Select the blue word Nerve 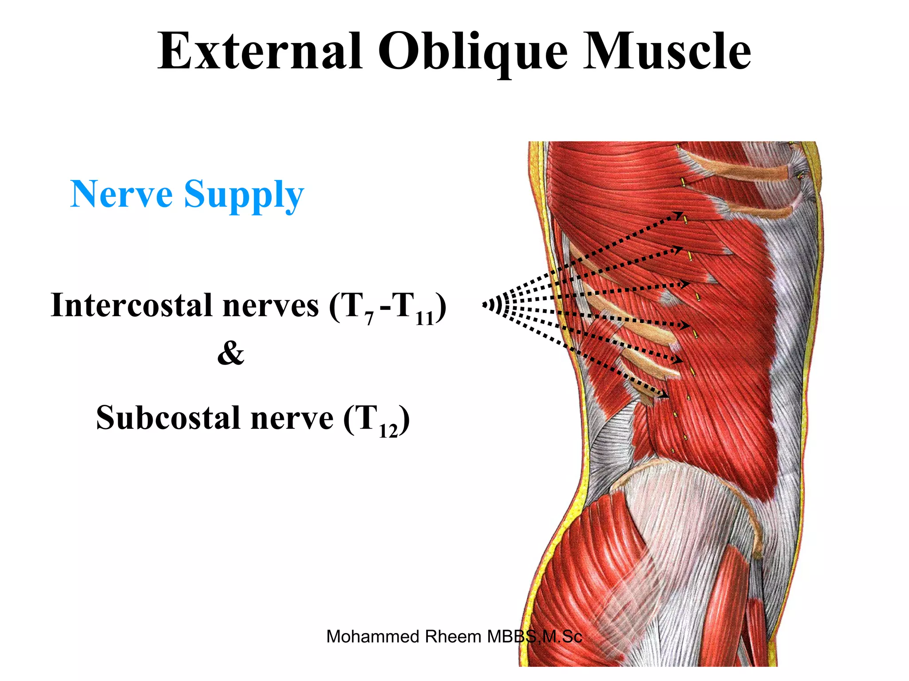(121, 194)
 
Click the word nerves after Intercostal (270, 306)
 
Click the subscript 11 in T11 (424, 318)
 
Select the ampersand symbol (231, 354)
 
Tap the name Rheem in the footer (453, 637)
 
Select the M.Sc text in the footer (562, 637)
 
